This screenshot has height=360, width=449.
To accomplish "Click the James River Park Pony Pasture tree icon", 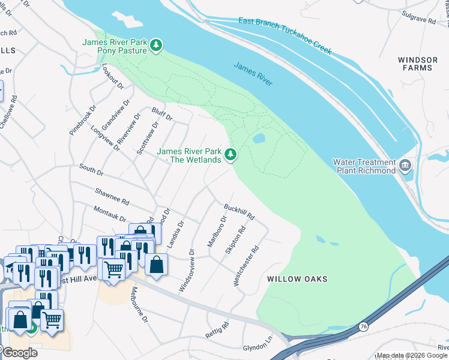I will coord(156,46).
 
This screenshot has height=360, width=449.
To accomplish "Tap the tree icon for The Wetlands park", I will coord(230,155).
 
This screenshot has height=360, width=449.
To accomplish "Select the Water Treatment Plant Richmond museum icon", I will coord(405,165).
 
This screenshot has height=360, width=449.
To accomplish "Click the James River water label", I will coord(253,75).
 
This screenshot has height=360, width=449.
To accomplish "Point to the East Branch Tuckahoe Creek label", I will coord(285,37).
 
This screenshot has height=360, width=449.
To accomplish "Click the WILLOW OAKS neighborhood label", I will coord(297,279).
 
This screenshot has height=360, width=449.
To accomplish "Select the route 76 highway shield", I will coord(364,326).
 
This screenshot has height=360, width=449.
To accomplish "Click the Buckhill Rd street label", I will coord(240,211).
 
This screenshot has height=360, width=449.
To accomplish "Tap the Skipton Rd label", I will coord(235,240).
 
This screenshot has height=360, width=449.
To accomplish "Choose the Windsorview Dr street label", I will coord(185,271).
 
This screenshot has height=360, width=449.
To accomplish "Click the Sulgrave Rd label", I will coord(419,19).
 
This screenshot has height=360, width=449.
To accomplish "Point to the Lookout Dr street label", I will coord(112,77).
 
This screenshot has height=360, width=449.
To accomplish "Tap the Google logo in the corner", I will coord(20,353).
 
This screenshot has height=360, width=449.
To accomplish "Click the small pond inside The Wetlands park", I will coord(259,139).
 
